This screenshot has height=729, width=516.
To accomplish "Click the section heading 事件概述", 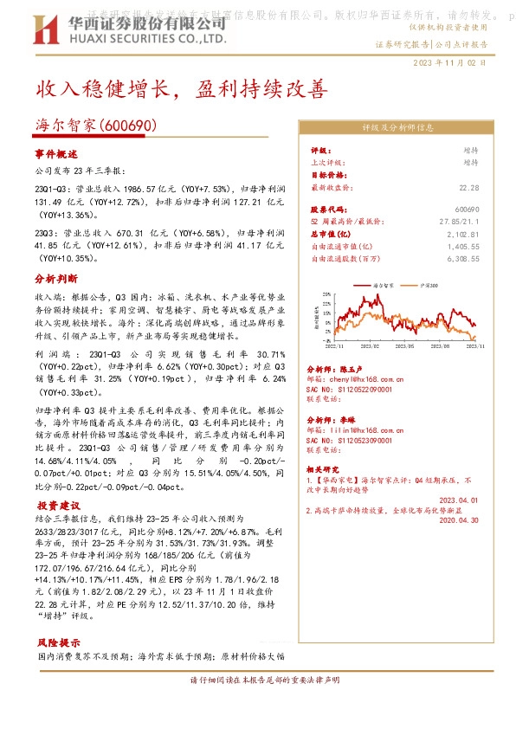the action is pyautogui.click(x=56, y=153).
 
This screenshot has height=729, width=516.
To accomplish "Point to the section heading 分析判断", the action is pyautogui.click(x=56, y=280).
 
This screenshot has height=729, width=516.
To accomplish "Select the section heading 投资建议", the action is pyautogui.click(x=56, y=505).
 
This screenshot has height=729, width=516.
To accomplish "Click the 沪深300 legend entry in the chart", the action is pyautogui.click(x=429, y=284).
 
